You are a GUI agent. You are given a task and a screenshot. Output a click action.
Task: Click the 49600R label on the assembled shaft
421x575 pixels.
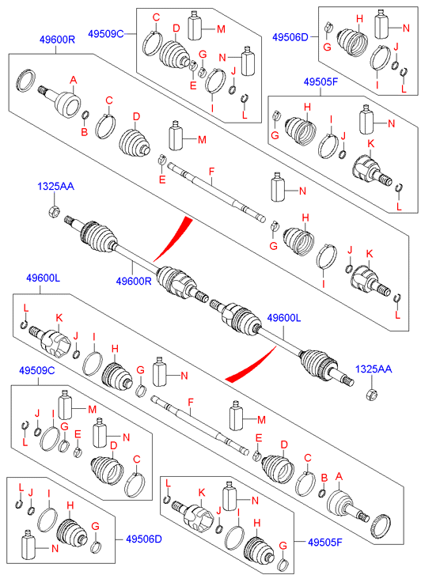tap(134, 282)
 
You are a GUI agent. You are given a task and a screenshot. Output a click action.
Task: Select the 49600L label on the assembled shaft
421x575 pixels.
tap(284, 318)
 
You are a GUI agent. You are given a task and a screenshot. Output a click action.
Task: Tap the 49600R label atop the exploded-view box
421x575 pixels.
tap(57, 40)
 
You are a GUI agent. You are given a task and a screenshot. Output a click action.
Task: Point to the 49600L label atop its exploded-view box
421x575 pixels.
tap(43, 278)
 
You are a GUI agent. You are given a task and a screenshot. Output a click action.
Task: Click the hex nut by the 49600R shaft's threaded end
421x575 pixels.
tap(54, 211)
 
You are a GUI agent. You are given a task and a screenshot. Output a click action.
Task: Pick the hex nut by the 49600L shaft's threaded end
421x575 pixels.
tap(371, 395)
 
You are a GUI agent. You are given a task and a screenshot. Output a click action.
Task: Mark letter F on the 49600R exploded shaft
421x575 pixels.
tap(211, 171)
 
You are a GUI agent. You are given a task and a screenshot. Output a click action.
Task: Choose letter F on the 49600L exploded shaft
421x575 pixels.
tap(190, 403)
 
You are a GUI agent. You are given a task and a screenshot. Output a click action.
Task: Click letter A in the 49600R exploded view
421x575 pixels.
tap(74, 80)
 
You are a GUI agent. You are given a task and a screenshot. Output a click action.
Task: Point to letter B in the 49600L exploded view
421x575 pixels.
tap(324, 478)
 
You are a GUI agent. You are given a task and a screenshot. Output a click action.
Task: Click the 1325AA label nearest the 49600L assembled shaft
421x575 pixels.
tap(374, 369)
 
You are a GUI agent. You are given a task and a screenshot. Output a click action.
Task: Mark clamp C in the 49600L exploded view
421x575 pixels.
tap(305, 484)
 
